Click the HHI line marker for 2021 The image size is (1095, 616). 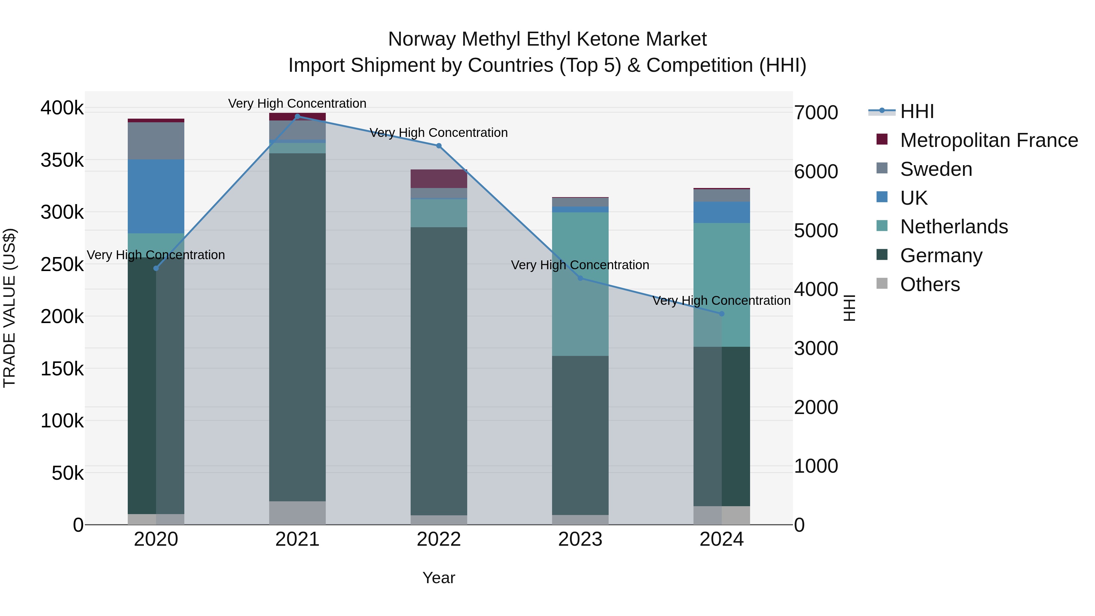[297, 117]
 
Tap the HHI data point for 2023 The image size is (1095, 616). [580, 278]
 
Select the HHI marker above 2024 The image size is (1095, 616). [721, 314]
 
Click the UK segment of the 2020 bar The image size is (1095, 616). [156, 196]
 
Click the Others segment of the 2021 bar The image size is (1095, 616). [297, 513]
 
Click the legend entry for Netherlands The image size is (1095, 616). [954, 227]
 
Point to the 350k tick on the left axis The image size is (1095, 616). [62, 161]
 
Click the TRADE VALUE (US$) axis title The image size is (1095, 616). [10, 308]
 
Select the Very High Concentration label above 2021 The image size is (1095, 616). [297, 103]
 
